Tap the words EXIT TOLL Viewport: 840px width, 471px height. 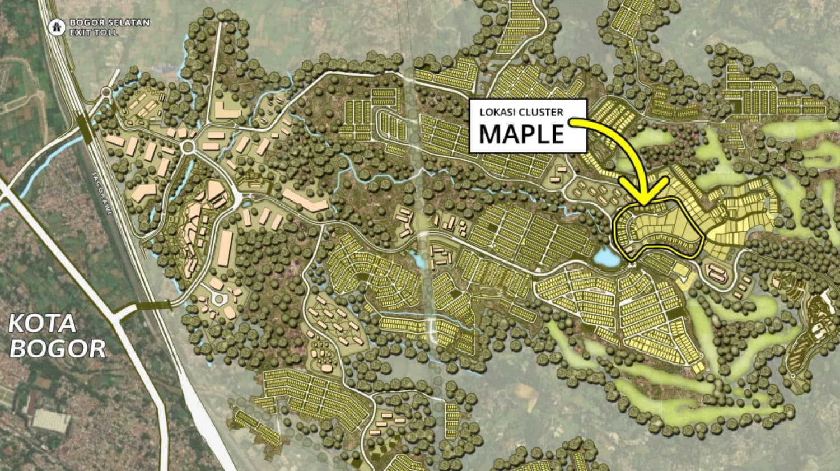[94, 32]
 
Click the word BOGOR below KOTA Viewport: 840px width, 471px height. [57, 348]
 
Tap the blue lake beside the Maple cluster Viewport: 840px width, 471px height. [606, 257]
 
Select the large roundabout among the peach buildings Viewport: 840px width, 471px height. [187, 147]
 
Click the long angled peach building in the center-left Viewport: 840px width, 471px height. [305, 200]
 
